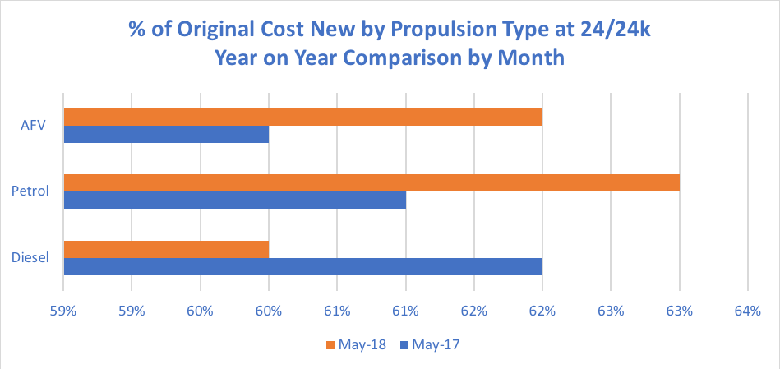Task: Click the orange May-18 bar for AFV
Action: click(x=302, y=117)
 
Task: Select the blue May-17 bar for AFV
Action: click(x=166, y=135)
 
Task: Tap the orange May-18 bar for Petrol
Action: click(x=372, y=182)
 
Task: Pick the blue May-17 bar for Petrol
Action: click(x=234, y=201)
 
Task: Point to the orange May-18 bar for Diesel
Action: click(x=166, y=249)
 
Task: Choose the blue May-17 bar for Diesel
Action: click(x=302, y=267)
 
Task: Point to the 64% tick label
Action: click(x=746, y=312)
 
